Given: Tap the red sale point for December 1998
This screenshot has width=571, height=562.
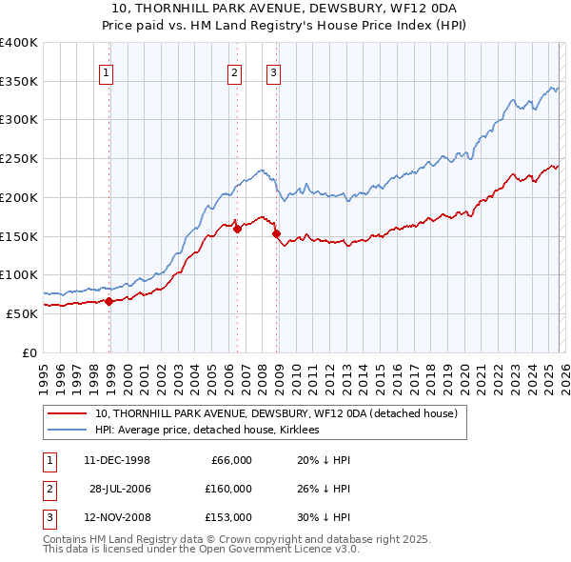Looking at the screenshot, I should coord(109,301).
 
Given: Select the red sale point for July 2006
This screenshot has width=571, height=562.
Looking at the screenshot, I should coord(237,229).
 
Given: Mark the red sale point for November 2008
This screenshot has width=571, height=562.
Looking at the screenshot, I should coord(276,233).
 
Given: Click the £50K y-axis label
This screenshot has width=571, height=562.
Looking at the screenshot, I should coord(21,313).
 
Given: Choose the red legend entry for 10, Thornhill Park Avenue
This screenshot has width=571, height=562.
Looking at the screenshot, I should coord(276,413).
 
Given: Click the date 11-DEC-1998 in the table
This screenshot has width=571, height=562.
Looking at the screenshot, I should coord(117,460).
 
